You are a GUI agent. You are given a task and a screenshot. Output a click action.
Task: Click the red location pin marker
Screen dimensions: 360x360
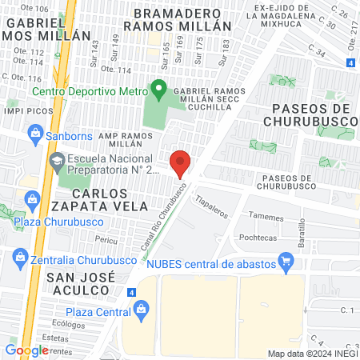[181, 162]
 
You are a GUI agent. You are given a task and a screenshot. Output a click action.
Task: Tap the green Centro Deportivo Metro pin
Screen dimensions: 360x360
[159, 90]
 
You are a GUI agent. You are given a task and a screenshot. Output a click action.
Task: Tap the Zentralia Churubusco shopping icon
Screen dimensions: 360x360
[19, 258]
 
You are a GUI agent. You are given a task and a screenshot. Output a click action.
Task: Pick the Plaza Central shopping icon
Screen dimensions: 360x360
[142, 307]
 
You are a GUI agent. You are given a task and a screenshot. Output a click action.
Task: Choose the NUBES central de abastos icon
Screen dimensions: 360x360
[285, 261]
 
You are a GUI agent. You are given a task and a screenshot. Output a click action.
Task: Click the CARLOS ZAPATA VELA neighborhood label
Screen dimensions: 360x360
[110, 200]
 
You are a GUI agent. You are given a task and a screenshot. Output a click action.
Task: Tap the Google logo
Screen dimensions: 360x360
[26, 350]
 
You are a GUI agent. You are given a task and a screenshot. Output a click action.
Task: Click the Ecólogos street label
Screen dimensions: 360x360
[69, 325]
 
